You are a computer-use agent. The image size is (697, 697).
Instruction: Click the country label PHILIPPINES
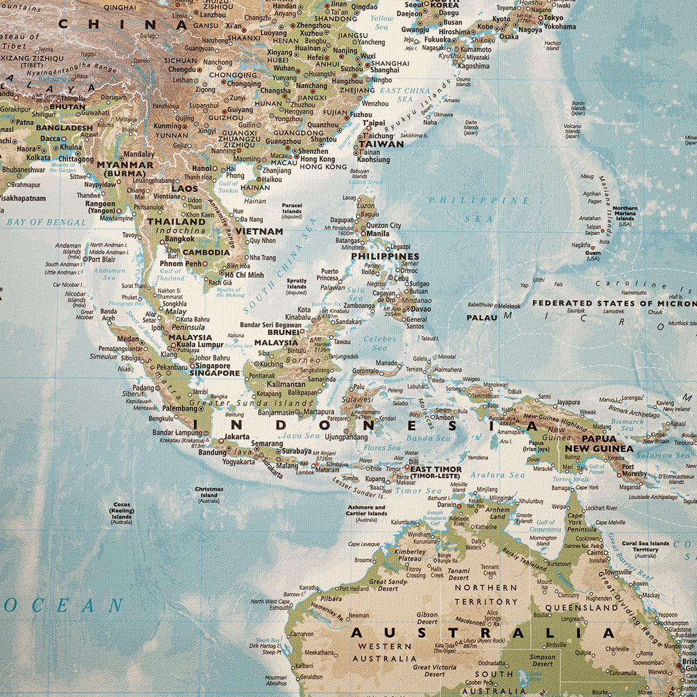pos(385,257)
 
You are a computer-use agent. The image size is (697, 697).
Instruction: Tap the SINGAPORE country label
pos(214,373)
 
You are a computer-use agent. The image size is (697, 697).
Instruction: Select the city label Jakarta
pos(237,436)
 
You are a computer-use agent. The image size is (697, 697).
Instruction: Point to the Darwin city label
pos(447,505)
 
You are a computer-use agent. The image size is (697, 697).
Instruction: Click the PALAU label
pos(482,318)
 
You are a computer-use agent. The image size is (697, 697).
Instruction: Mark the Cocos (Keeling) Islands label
pos(122,513)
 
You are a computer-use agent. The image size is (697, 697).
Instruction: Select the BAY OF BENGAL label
pos(46,222)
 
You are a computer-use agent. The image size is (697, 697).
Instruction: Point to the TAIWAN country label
pos(381,144)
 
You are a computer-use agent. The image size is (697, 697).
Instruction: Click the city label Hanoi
pos(201,168)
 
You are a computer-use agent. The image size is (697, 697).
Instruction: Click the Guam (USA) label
pos(593,255)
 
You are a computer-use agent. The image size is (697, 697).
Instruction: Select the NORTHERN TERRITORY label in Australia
pos(486,594)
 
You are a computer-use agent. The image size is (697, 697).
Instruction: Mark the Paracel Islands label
pos(292,209)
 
